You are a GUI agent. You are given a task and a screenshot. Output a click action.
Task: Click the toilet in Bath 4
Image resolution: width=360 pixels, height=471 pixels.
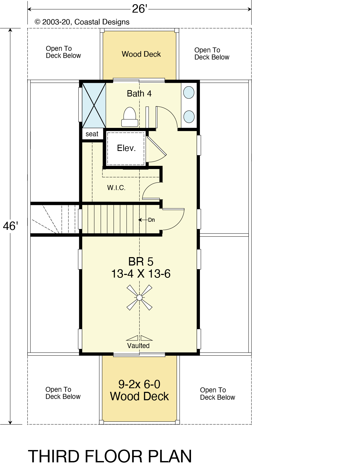tap(130, 117)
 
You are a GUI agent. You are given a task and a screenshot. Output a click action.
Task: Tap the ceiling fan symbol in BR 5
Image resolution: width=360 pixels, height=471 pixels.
tap(139, 297)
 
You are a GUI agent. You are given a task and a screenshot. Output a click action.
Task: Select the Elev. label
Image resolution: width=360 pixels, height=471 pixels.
tap(126, 148)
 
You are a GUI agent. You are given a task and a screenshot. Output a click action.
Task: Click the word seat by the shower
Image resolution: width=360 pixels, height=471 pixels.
tap(92, 134)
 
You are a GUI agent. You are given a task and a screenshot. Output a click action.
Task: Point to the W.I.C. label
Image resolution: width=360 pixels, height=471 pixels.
tap(116, 188)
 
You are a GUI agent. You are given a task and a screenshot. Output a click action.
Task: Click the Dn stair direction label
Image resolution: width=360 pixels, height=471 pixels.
tap(151, 220)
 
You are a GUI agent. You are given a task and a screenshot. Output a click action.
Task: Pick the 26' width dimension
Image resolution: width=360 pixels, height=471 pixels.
tap(139, 9)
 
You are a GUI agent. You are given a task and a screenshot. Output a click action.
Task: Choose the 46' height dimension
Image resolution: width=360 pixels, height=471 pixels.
tap(10, 226)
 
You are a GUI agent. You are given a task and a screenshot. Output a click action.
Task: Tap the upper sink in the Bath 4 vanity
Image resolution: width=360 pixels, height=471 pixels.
tap(189, 93)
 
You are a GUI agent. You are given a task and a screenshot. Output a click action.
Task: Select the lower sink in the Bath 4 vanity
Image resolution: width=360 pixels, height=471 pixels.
tap(189, 117)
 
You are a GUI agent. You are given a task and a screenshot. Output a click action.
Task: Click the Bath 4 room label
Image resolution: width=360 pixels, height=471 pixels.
tap(139, 94)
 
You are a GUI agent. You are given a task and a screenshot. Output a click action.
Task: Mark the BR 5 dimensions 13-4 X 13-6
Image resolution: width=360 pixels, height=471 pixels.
tap(141, 274)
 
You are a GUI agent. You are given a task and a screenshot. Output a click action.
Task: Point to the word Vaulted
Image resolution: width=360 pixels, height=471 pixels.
tap(138, 346)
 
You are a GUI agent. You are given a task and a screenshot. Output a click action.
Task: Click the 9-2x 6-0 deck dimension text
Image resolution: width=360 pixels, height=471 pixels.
tap(139, 384)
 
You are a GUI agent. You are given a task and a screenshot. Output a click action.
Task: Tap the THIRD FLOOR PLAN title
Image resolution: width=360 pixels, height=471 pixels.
tap(110, 456)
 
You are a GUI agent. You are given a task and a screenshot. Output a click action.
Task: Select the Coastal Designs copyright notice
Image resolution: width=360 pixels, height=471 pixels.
tap(82, 22)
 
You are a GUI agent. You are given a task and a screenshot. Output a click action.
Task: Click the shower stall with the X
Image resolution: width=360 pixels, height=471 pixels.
tap(94, 105)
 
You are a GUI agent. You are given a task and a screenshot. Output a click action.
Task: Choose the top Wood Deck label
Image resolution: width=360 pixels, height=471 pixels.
tap(141, 54)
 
